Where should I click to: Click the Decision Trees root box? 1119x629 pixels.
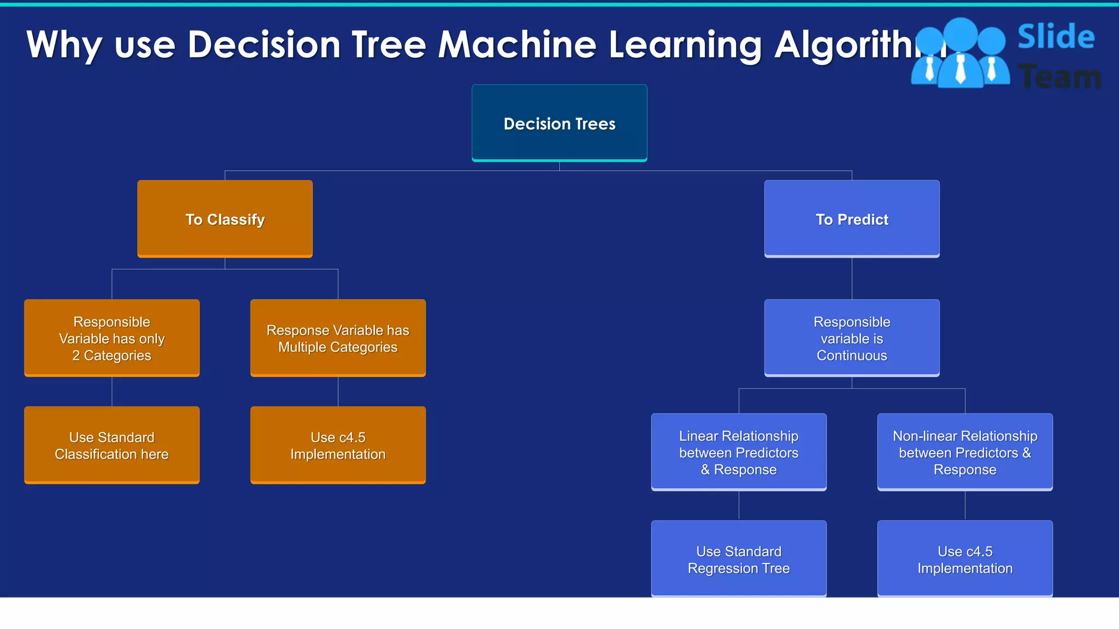click(559, 123)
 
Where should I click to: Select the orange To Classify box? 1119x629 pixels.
click(225, 219)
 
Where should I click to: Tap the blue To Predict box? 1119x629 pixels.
click(852, 219)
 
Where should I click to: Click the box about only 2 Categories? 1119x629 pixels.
click(111, 338)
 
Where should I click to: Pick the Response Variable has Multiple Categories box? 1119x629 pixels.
click(338, 338)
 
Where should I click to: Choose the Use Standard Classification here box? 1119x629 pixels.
click(111, 445)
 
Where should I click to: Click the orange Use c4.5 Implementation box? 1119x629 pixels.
click(338, 445)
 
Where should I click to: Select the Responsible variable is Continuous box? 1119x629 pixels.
click(852, 338)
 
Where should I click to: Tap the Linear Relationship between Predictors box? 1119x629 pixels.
click(739, 452)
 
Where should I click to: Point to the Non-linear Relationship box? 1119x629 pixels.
click(965, 452)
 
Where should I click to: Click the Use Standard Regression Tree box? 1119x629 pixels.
click(739, 559)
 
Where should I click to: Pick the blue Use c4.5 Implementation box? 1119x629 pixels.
click(965, 559)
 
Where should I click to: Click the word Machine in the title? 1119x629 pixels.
click(517, 44)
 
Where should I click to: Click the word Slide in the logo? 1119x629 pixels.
click(1056, 37)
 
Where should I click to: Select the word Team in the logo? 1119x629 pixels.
click(1059, 76)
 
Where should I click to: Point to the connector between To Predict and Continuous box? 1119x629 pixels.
click(852, 278)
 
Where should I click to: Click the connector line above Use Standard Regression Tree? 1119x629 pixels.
click(739, 506)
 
